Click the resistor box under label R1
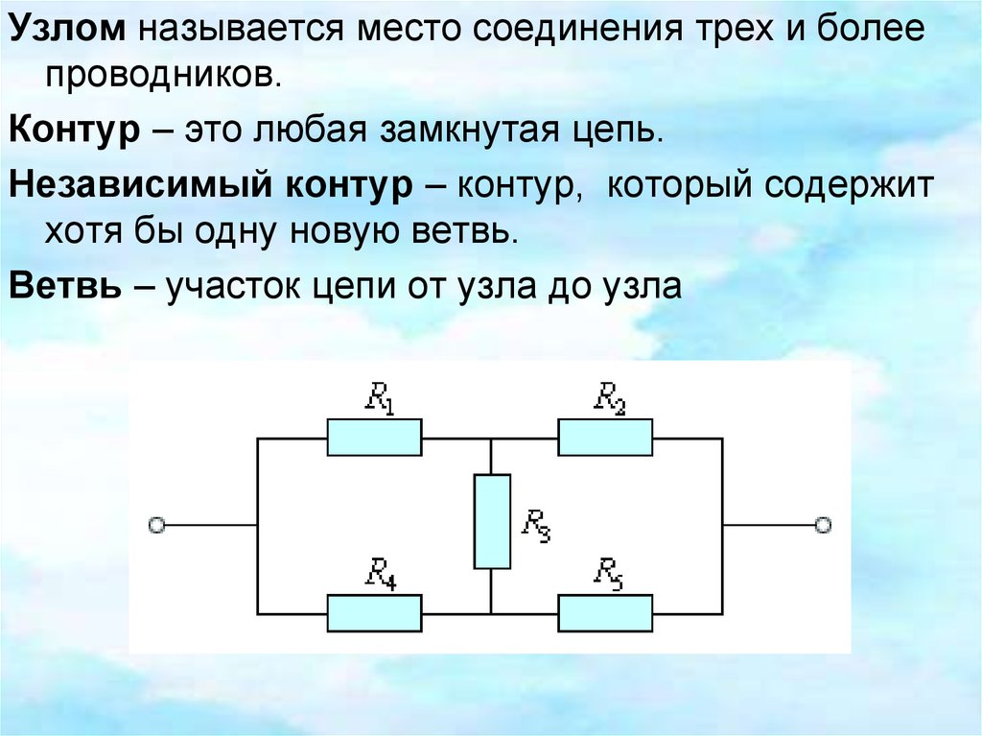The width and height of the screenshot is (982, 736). (374, 438)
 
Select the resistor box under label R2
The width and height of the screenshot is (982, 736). (605, 438)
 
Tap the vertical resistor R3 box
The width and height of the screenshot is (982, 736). (491, 521)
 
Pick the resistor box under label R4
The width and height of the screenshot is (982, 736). (374, 612)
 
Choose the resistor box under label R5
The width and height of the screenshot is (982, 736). (605, 612)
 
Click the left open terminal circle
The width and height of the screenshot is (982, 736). (156, 525)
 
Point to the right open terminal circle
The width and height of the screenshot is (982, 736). (822, 525)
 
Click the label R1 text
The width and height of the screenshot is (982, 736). (379, 398)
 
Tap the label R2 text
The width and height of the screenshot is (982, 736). (610, 397)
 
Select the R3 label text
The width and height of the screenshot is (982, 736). (535, 524)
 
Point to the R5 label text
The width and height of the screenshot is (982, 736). (609, 573)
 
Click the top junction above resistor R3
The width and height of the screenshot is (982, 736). (491, 439)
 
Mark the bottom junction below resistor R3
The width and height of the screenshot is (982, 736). (491, 612)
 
